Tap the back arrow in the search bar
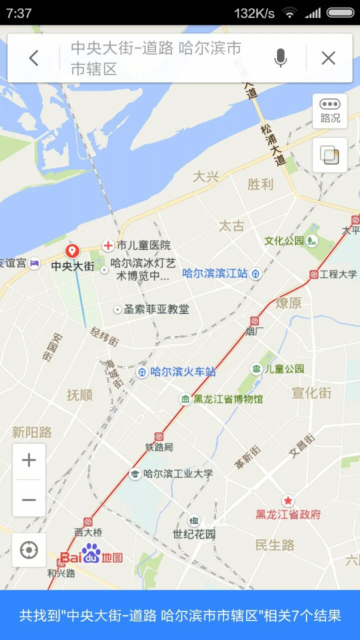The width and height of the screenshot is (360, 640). click(33, 58)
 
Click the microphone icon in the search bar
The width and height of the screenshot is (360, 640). click(280, 58)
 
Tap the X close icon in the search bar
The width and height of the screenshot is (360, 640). click(328, 58)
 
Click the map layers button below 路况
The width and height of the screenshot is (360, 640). click(329, 155)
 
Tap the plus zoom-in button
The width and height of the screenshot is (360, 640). click(29, 460)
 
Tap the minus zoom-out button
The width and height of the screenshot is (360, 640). click(29, 499)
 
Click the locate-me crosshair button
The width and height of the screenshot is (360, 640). click(29, 550)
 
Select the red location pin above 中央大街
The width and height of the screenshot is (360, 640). click(72, 251)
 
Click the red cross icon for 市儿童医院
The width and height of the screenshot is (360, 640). click(108, 245)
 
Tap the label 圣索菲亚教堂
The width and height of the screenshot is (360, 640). click(156, 309)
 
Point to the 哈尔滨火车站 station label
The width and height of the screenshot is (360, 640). click(183, 372)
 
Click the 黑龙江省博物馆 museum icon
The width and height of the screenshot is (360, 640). click(185, 399)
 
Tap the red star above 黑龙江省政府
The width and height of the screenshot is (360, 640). click(288, 500)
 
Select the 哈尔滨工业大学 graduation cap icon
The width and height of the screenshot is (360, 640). click(134, 473)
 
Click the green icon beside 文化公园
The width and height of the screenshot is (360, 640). click(312, 241)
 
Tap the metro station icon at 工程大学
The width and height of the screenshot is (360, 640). click(314, 274)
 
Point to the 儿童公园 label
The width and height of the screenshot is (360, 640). click(284, 369)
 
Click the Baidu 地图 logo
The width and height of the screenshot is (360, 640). click(91, 554)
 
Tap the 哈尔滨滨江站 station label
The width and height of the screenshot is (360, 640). click(215, 273)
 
